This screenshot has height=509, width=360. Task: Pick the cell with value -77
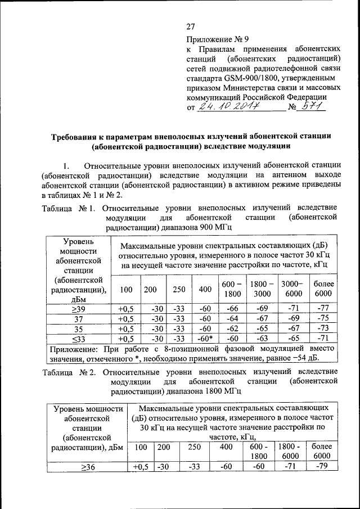tap(322, 308)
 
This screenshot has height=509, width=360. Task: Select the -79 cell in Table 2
tap(321, 466)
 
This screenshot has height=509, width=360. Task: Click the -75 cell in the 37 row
tap(322, 318)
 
